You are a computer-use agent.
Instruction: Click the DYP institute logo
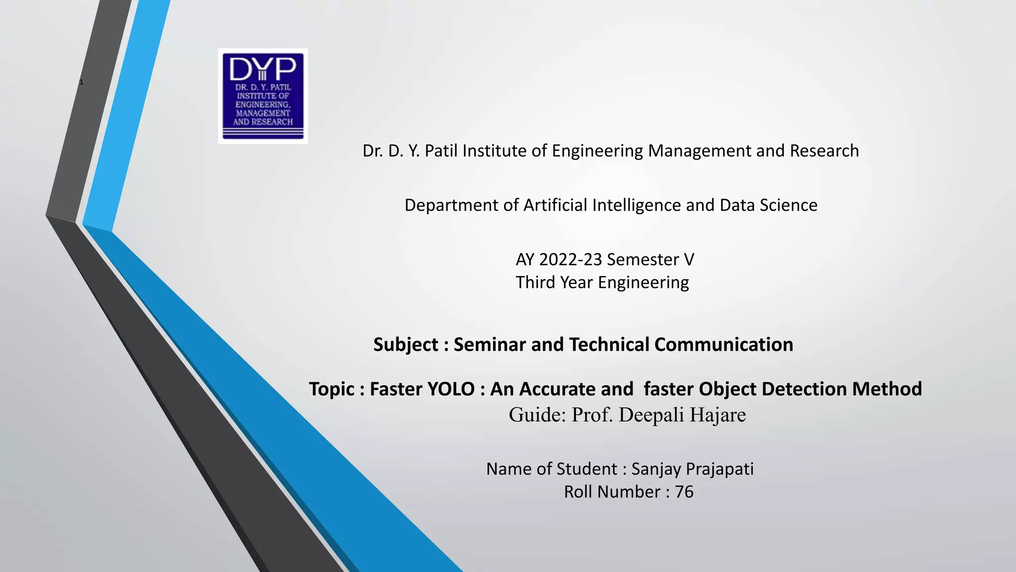point(263,96)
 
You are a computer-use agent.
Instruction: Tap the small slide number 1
point(81,82)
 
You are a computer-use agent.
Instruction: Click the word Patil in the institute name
point(441,150)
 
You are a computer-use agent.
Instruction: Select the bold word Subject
point(406,345)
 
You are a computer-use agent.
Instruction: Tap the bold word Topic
point(332,389)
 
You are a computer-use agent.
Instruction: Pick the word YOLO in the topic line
point(449,389)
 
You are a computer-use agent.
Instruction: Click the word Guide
point(536,415)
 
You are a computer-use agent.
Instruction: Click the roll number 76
point(684,492)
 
